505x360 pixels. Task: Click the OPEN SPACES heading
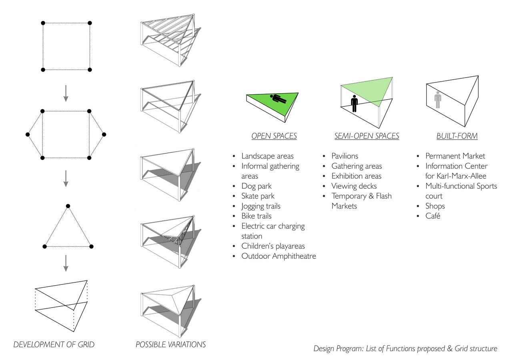274,136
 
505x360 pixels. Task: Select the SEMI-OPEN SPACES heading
367,136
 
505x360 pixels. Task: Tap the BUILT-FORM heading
457,136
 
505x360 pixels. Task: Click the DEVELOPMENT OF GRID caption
54,344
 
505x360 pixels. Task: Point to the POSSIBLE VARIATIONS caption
170,344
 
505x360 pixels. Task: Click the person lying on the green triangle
278,99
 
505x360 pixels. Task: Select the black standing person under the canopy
355,104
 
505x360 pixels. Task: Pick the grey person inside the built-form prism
438,100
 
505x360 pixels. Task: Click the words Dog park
257,186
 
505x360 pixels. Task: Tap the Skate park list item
258,196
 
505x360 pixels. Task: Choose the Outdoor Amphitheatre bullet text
279,256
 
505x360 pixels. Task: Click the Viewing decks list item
354,186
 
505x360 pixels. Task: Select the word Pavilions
345,156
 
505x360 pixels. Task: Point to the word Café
433,216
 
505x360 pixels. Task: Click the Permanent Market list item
455,156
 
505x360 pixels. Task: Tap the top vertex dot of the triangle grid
68,206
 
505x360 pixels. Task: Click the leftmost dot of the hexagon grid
28,134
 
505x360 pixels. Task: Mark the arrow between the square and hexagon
66,93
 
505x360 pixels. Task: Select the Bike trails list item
257,216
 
